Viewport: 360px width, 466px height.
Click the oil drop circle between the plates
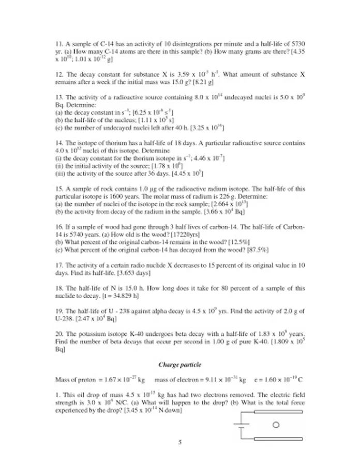tap(276, 425)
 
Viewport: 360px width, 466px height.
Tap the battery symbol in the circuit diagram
tap(239, 425)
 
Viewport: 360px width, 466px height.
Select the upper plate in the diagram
tap(279, 412)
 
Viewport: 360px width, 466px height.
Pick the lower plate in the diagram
tap(279, 438)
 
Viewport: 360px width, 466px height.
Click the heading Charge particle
tap(180, 365)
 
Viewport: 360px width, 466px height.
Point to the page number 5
tap(180, 442)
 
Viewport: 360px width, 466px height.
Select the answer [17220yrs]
tap(181, 235)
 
